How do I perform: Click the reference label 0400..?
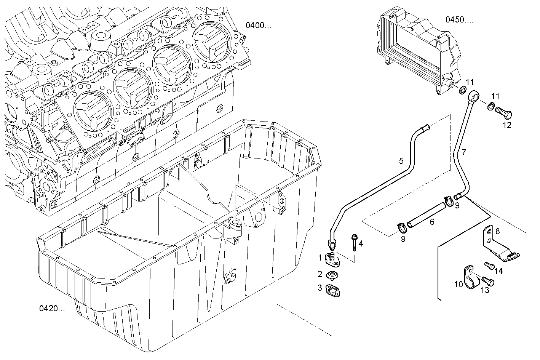(259, 26)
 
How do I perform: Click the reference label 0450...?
(459, 19)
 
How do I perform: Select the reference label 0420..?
(52, 308)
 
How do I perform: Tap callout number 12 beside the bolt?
(507, 125)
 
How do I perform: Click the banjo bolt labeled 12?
(503, 113)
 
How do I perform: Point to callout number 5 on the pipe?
(401, 161)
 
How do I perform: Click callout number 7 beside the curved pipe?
(464, 152)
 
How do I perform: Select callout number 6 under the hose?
(432, 221)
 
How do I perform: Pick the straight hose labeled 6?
(426, 215)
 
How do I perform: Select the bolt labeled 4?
(355, 242)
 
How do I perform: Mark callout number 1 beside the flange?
(320, 258)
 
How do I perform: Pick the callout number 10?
(458, 284)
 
